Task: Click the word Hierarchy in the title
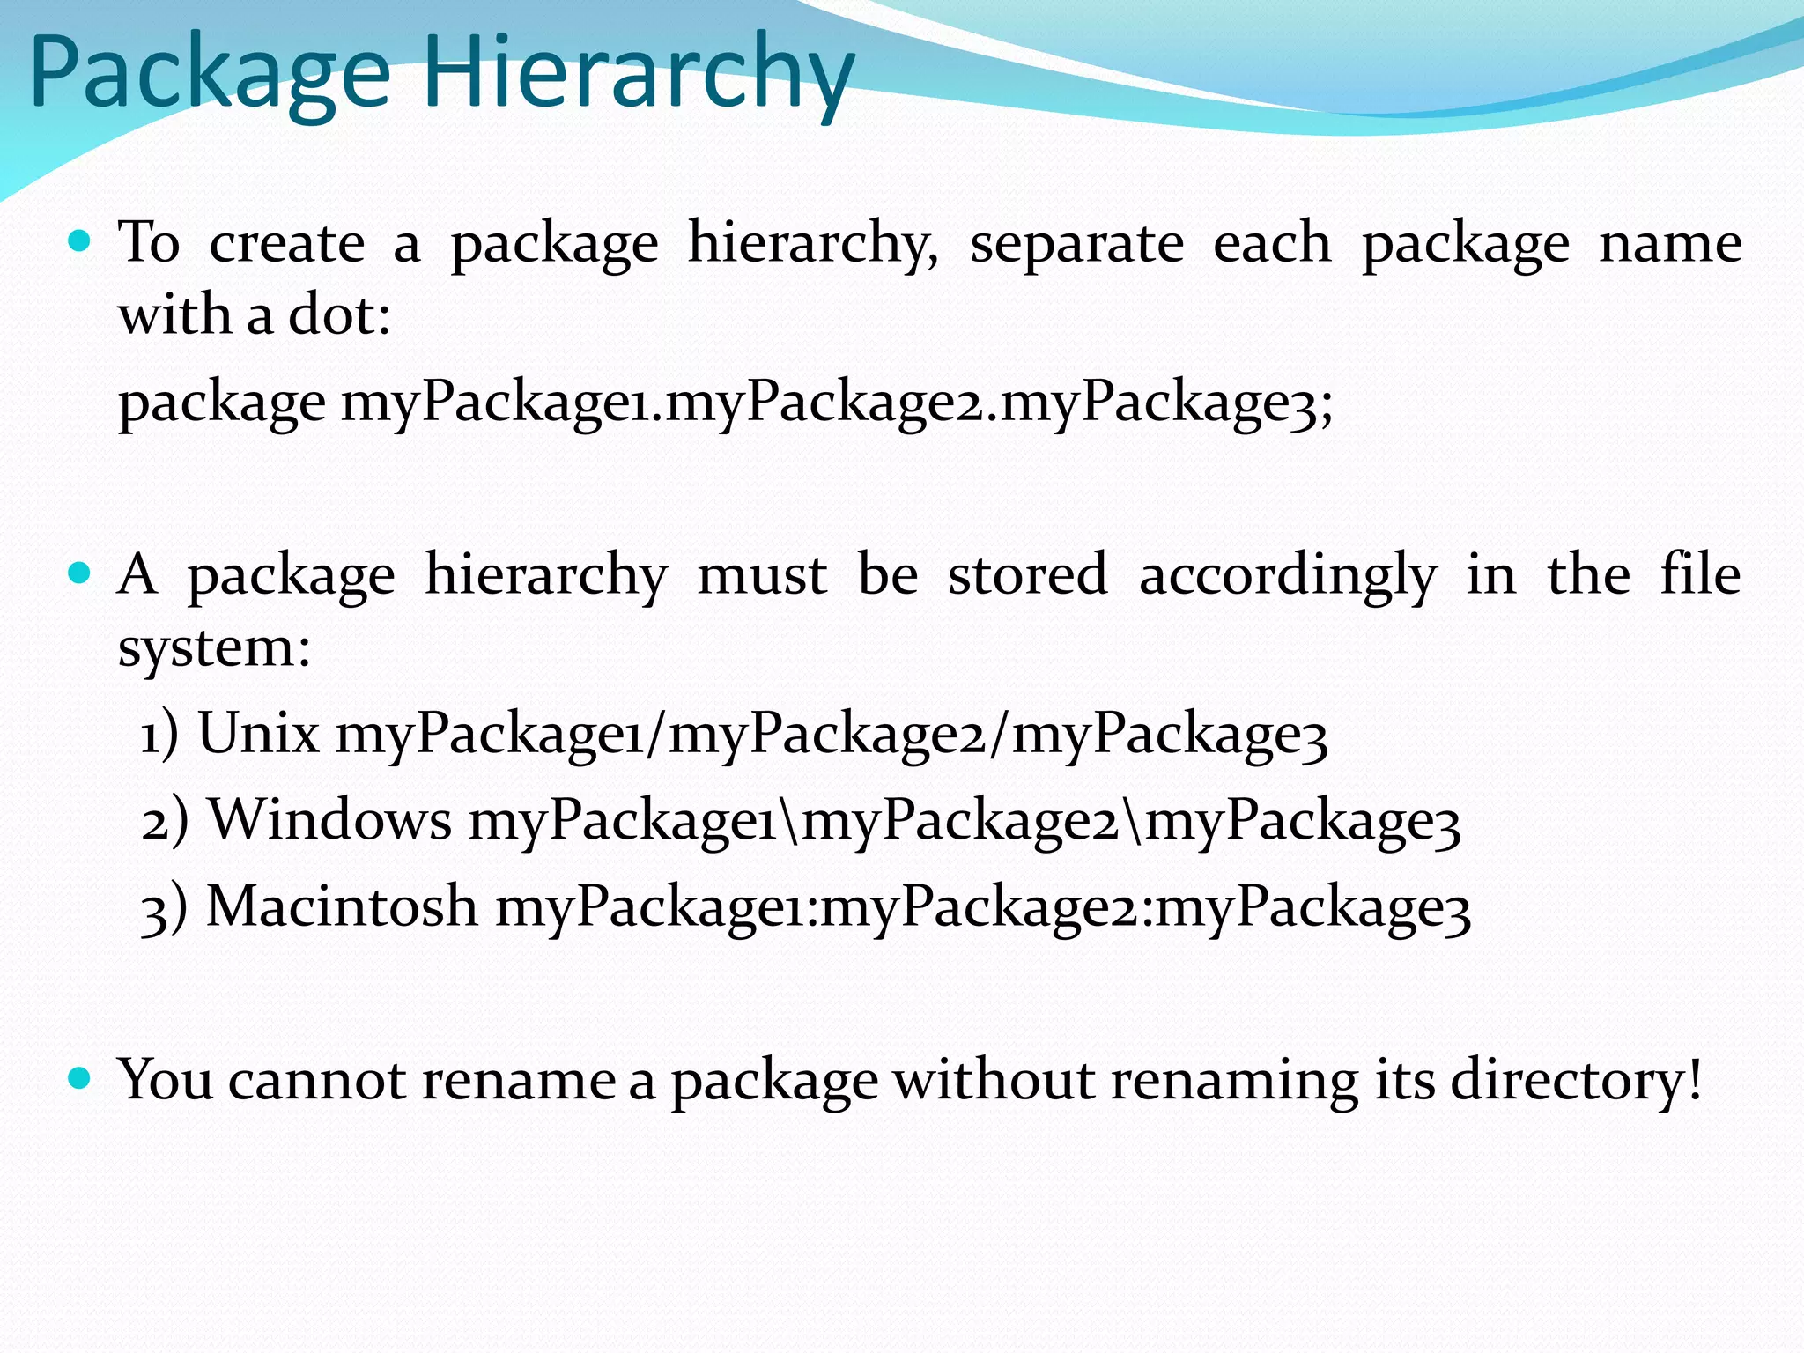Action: click(x=639, y=72)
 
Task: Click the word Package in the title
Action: click(x=210, y=72)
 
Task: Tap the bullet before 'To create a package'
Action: click(x=79, y=240)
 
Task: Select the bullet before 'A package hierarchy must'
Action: click(x=79, y=573)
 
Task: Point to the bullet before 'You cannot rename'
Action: click(x=79, y=1077)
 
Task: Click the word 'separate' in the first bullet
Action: click(x=1076, y=244)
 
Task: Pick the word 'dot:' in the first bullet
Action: click(x=339, y=314)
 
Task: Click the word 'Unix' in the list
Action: click(x=258, y=732)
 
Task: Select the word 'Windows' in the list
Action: click(x=329, y=819)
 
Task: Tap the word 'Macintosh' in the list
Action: click(x=342, y=906)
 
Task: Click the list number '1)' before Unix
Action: click(x=159, y=734)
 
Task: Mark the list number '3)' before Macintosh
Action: click(x=165, y=907)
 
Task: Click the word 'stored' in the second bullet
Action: click(x=1027, y=574)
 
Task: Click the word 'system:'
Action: click(x=214, y=649)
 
